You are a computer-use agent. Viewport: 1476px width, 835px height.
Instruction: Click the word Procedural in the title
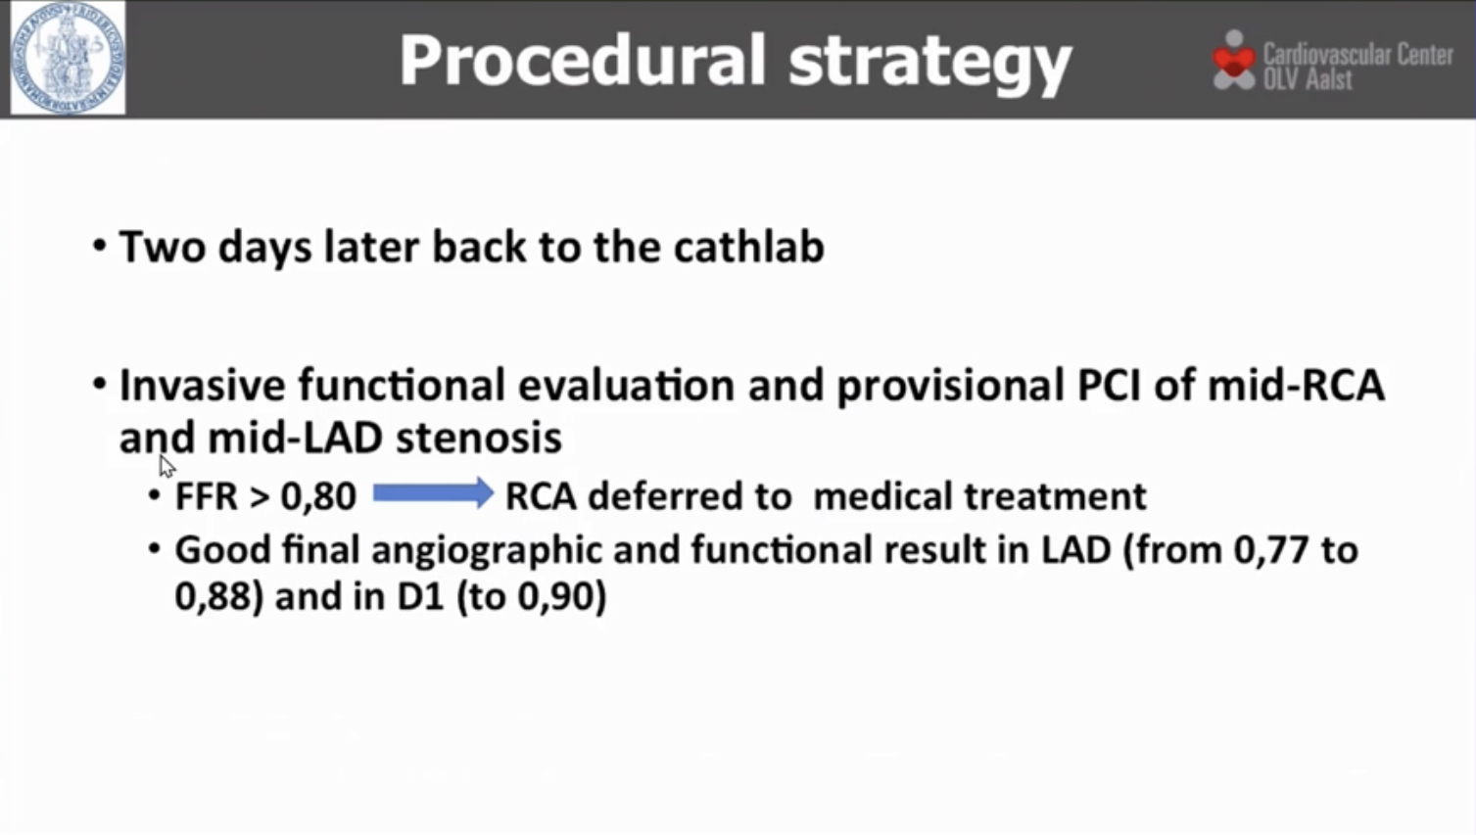[x=583, y=60]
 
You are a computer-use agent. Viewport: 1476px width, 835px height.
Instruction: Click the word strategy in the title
[x=930, y=64]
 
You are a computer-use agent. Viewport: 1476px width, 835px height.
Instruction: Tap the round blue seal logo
[x=68, y=58]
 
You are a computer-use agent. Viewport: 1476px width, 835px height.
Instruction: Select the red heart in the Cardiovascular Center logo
[x=1234, y=62]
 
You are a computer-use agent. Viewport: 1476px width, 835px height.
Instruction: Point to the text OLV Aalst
[x=1308, y=79]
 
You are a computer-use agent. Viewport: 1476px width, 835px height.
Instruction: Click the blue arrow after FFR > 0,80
[x=433, y=493]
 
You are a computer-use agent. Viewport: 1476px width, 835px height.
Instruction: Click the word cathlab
[x=748, y=247]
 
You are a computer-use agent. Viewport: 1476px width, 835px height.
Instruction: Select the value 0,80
[x=318, y=496]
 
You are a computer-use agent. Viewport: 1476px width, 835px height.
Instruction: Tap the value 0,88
[x=214, y=596]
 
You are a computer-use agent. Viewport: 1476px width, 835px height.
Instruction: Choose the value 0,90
[x=555, y=596]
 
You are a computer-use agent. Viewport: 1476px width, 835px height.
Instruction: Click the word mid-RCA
[x=1296, y=386]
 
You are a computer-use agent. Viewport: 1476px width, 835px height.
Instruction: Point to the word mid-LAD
[x=295, y=438]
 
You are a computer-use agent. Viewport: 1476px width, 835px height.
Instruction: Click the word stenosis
[x=478, y=438]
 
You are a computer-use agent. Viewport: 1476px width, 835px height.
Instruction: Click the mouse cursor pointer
[x=167, y=466]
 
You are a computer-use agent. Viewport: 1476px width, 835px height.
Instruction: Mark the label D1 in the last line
[x=420, y=596]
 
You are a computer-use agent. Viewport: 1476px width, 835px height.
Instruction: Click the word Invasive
[x=203, y=386]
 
